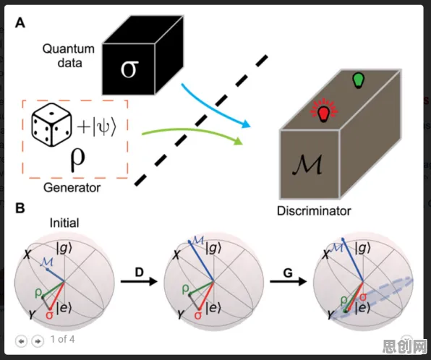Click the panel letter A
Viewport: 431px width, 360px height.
point(20,22)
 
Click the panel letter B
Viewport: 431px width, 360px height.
point(20,208)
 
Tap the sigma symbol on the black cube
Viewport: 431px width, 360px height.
point(129,69)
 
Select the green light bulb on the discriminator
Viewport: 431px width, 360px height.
point(358,80)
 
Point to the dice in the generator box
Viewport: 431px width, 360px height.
point(51,124)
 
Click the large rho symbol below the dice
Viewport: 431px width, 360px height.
point(77,160)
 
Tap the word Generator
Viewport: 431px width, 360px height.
point(72,188)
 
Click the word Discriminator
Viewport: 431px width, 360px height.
point(314,211)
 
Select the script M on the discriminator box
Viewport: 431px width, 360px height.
point(307,165)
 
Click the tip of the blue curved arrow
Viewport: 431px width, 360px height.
point(250,127)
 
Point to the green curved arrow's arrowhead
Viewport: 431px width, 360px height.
point(239,141)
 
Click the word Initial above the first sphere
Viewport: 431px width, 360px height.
point(64,223)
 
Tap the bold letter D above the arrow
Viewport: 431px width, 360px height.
point(140,272)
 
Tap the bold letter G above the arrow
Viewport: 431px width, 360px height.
point(288,273)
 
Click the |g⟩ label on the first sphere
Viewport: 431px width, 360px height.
point(64,249)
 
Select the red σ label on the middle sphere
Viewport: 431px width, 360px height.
point(198,315)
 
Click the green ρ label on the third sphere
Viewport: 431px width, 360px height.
point(344,301)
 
